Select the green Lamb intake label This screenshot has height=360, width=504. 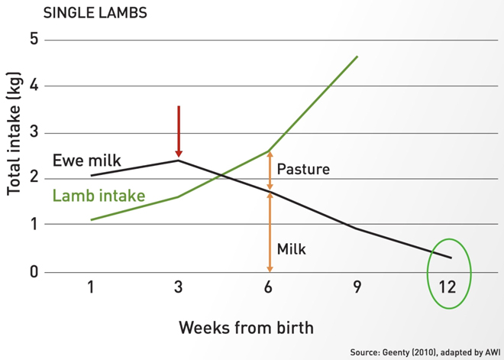point(99,196)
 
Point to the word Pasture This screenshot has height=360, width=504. point(303,170)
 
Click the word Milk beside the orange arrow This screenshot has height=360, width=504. point(292,249)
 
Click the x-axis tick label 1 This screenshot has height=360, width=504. point(90,287)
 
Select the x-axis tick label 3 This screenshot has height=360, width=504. point(179,287)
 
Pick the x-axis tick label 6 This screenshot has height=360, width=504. point(269,287)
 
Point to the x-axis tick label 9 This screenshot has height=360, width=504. point(357,287)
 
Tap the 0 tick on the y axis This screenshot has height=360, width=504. point(33,272)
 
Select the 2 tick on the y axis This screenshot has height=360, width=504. point(33,179)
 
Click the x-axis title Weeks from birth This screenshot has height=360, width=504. point(246,327)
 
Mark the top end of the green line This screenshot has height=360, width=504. point(357,57)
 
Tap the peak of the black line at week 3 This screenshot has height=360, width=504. point(179,160)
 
